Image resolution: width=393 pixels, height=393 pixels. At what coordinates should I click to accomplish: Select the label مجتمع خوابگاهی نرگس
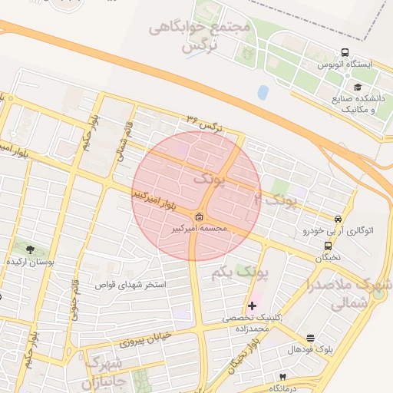pyautogui.click(x=200, y=35)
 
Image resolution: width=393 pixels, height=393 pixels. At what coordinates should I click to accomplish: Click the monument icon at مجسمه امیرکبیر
pyautogui.click(x=200, y=217)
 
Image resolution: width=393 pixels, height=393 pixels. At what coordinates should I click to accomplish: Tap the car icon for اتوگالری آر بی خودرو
pyautogui.click(x=339, y=218)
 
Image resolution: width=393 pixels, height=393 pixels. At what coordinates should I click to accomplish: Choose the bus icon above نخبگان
pyautogui.click(x=329, y=246)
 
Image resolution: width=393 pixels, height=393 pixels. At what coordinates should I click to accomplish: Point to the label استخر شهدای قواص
pyautogui.click(x=130, y=285)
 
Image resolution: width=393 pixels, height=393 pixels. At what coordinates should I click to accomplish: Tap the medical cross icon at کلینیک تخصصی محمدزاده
pyautogui.click(x=252, y=305)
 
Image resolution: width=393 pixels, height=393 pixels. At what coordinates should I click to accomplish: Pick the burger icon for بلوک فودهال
pyautogui.click(x=310, y=338)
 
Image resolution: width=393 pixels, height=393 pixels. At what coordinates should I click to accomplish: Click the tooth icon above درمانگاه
pyautogui.click(x=282, y=377)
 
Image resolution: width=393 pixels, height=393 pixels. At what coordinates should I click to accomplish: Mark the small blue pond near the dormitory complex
pyautogui.click(x=263, y=92)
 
